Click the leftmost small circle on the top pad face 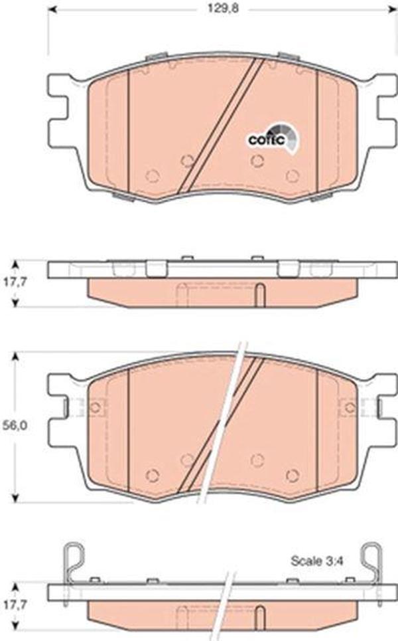click(152, 176)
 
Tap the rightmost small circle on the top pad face click(291, 176)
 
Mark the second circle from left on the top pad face click(187, 160)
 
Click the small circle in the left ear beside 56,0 click(95, 406)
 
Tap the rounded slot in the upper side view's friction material click(260, 294)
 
